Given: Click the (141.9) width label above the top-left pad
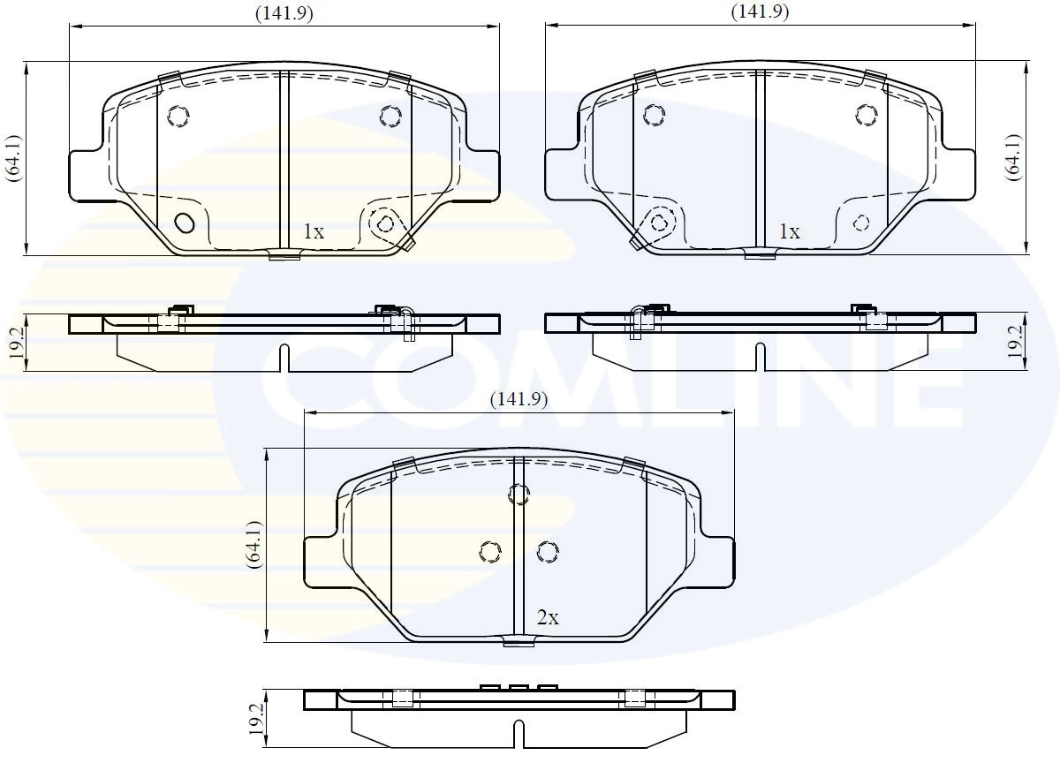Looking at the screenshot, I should pos(284,12).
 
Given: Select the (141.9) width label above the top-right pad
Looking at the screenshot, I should pos(760,11).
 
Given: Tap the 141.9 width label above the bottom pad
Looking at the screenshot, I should pos(519,399).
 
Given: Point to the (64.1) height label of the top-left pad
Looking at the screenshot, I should pos(11,158).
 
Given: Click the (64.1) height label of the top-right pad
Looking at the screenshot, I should pos(1013,158).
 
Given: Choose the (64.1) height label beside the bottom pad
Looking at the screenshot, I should pos(254,544).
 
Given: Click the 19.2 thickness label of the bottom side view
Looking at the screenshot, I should pos(256,721).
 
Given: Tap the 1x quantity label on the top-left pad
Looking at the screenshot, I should pos(314,232).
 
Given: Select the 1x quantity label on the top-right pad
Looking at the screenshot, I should pos(789,232).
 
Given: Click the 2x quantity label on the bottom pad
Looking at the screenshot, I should pos(548,618).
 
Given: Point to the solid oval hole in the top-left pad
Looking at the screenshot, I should pos(185,223).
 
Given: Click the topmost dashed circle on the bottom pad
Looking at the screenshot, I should pos(519,495).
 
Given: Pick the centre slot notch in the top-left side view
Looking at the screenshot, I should pos(284,358).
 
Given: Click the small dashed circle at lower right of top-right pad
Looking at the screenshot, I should pos(862,222).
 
